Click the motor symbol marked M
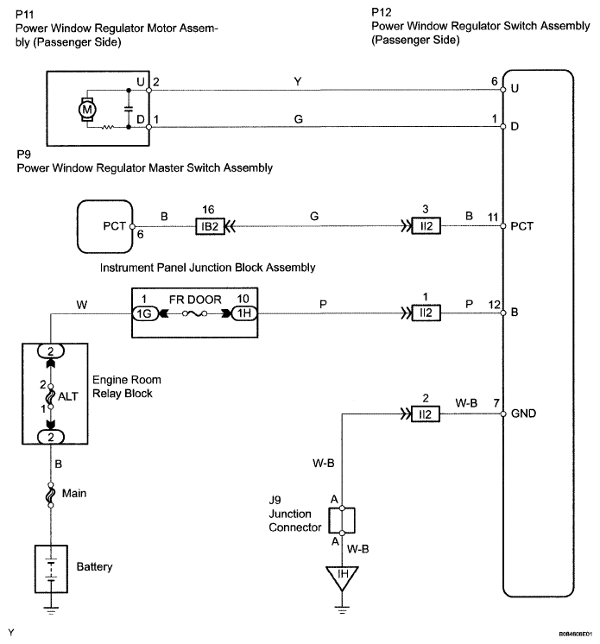(87, 110)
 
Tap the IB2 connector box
(210, 226)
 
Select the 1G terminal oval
(144, 313)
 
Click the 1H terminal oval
(245, 313)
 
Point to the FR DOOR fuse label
(195, 300)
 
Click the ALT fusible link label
(68, 396)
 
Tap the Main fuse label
(74, 493)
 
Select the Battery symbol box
(51, 569)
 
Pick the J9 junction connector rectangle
(342, 521)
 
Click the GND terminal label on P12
(524, 414)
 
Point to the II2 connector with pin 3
(426, 226)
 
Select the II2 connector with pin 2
(426, 414)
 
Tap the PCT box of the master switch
(105, 226)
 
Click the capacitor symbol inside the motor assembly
(129, 109)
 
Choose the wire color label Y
(298, 81)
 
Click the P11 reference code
(25, 15)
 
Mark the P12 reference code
(382, 12)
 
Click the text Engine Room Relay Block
(127, 387)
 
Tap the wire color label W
(82, 305)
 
